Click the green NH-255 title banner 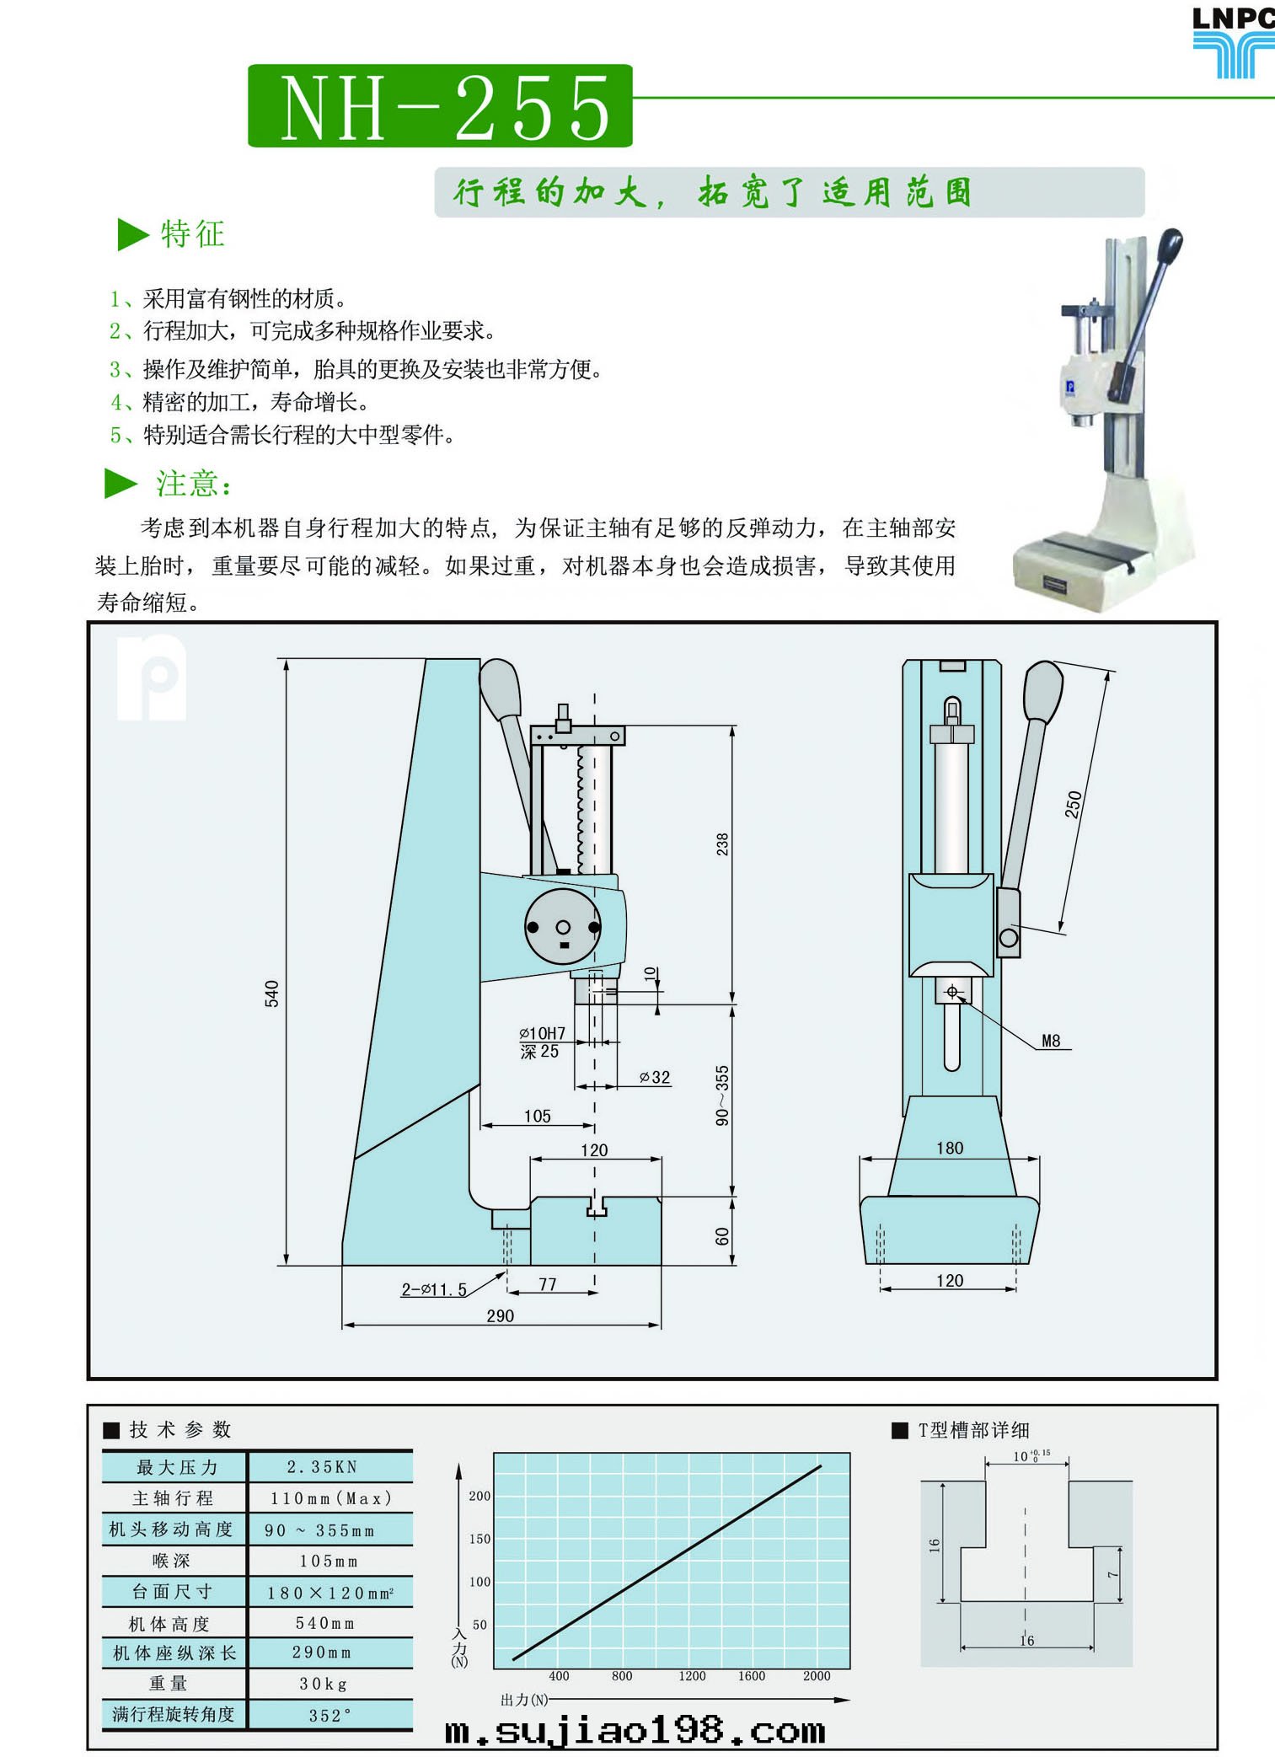(x=440, y=106)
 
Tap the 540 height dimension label (x=271, y=994)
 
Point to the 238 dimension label (x=722, y=844)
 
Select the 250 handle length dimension (x=1073, y=804)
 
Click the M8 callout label (x=1051, y=1041)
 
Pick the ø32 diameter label (x=655, y=1077)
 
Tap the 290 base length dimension (x=501, y=1315)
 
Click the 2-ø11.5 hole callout (x=434, y=1289)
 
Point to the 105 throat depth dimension (x=538, y=1116)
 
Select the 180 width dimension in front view (x=950, y=1148)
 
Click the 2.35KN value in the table (x=323, y=1467)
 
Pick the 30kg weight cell (x=324, y=1684)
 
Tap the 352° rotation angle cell (x=329, y=1716)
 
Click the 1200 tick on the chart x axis (x=692, y=1676)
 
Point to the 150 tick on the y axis (x=479, y=1539)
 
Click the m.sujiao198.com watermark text (x=635, y=1732)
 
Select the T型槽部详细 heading (x=973, y=1430)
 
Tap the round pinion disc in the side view (x=563, y=927)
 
